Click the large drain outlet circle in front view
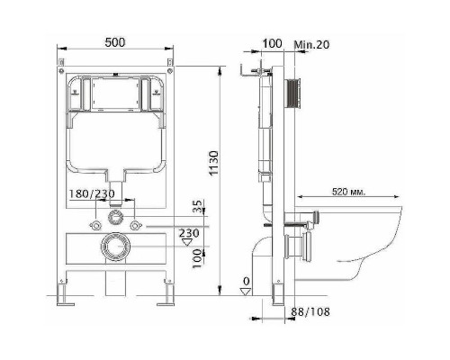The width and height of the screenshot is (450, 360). point(115,244)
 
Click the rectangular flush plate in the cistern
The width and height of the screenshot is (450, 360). point(115,93)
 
